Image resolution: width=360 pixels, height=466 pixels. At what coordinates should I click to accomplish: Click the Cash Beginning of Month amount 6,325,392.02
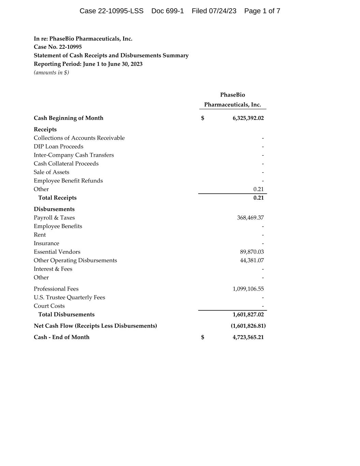tap(248, 118)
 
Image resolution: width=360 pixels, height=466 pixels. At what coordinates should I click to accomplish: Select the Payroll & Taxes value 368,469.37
tap(250, 218)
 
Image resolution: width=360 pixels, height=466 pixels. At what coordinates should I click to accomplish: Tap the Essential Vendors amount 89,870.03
tap(252, 252)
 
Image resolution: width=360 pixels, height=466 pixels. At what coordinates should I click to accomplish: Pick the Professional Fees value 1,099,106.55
tap(248, 289)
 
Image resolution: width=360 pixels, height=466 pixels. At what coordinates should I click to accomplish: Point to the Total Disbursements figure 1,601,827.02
tap(248, 314)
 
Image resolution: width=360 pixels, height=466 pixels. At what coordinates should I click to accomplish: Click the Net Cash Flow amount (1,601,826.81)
tap(248, 326)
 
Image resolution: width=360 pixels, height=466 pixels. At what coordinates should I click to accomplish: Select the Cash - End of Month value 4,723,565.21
tap(248, 337)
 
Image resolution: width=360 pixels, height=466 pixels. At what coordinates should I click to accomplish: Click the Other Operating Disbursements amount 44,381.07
tap(252, 260)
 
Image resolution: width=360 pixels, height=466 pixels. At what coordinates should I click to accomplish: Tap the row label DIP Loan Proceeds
tap(58, 146)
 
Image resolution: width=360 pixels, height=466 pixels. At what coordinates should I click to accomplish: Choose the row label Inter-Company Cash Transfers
tap(74, 155)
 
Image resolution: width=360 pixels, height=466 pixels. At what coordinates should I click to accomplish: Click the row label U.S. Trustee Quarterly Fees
tap(69, 297)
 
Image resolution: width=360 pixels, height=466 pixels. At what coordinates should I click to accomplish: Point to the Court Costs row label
tap(49, 306)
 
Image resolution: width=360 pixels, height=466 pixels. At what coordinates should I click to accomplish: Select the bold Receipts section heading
tap(45, 129)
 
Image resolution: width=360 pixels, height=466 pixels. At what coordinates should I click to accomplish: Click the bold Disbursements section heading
tap(54, 209)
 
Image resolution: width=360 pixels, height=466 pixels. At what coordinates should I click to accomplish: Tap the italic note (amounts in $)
tap(51, 72)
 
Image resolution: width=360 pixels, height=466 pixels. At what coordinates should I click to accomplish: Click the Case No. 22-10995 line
tap(58, 47)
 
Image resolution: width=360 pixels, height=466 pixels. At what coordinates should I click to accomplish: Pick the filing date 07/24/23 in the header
tap(222, 11)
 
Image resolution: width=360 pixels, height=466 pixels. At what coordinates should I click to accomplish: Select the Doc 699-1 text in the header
tap(168, 11)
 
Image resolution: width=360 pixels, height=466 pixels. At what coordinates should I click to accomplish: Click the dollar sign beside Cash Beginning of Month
tap(203, 118)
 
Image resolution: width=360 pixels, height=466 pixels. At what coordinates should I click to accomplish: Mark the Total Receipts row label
tap(57, 198)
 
